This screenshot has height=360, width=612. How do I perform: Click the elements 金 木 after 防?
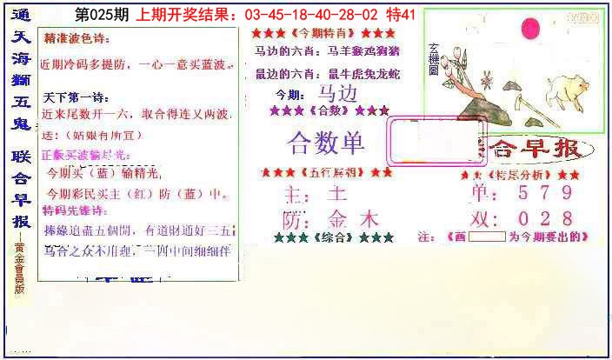click(352, 218)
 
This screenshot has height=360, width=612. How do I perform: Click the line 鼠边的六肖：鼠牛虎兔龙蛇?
click(326, 73)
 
